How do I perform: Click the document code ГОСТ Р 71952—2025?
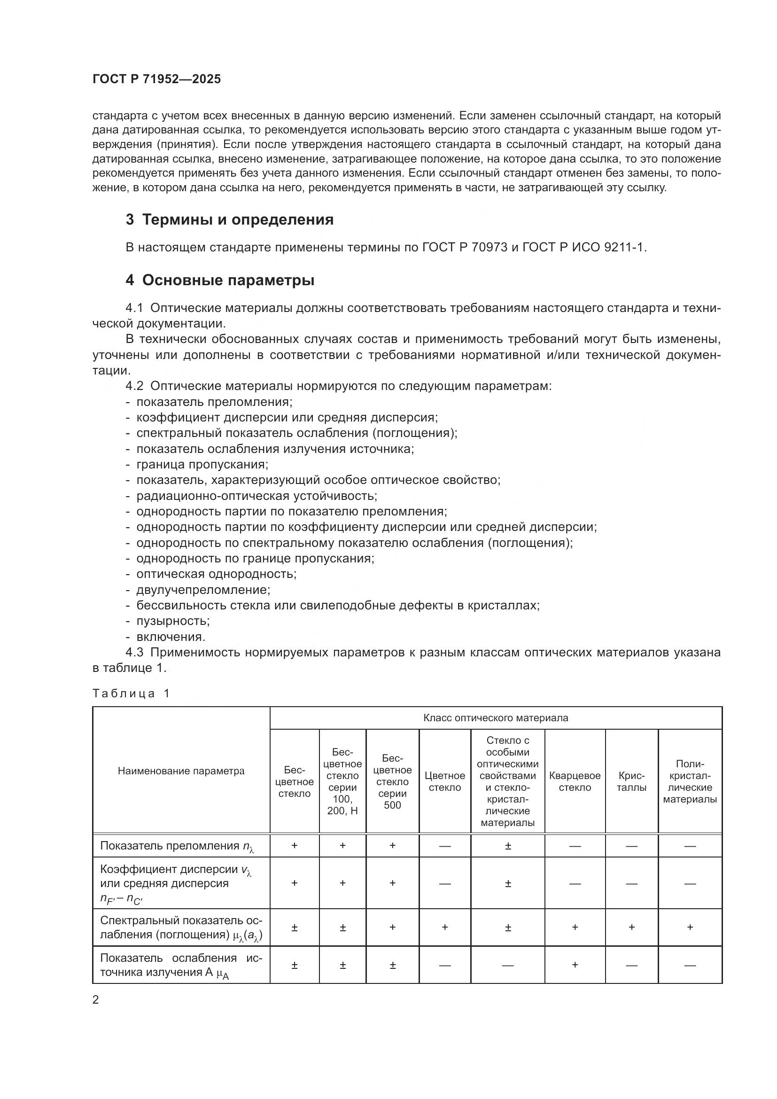pos(156,79)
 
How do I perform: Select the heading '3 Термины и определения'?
pos(230,220)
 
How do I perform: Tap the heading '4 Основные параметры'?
pos(220,280)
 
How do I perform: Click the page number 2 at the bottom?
pos(96,1000)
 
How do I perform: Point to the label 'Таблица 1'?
pos(131,694)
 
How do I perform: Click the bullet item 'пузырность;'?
pos(173,621)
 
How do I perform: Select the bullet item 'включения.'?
pos(171,637)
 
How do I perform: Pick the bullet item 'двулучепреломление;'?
pos(203,590)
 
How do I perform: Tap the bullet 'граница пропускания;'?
pos(202,464)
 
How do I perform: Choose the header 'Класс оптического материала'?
pos(496,718)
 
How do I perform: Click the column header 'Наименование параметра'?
pos(181,771)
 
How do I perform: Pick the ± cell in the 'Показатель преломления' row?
pos(508,846)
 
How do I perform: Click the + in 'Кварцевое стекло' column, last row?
pos(575,965)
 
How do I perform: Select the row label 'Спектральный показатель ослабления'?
pos(181,927)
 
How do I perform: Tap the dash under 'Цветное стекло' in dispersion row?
pos(444,883)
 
